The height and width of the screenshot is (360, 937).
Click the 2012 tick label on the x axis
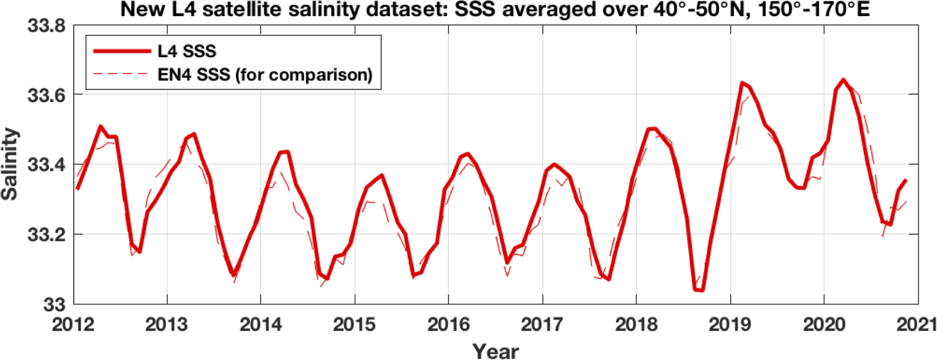(x=73, y=324)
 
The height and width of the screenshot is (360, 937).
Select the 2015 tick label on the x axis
(x=354, y=324)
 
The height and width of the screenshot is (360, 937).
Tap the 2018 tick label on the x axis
(x=637, y=324)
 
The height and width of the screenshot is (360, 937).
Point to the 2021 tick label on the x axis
(x=918, y=324)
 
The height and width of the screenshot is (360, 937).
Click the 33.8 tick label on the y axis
(x=47, y=26)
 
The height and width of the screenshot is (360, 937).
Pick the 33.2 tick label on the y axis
(x=47, y=235)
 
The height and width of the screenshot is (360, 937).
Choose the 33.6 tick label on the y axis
(x=47, y=95)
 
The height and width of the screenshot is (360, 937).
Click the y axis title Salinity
(x=10, y=164)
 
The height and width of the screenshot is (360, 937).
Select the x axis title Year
(x=495, y=351)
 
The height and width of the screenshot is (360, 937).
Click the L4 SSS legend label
(x=187, y=51)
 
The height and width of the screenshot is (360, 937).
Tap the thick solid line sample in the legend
(x=122, y=51)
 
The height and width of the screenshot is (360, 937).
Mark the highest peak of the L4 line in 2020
(x=843, y=80)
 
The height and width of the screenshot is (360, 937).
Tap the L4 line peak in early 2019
(x=742, y=83)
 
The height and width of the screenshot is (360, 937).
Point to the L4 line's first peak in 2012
(x=100, y=126)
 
